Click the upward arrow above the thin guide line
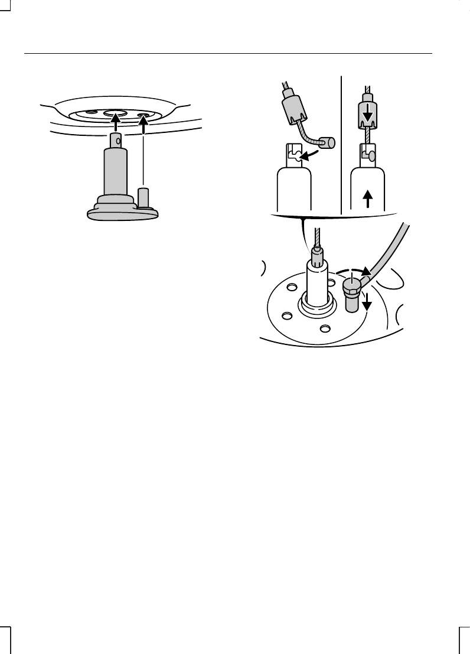coord(143,123)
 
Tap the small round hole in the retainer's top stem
coord(118,141)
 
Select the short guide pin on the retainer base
coord(142,197)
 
